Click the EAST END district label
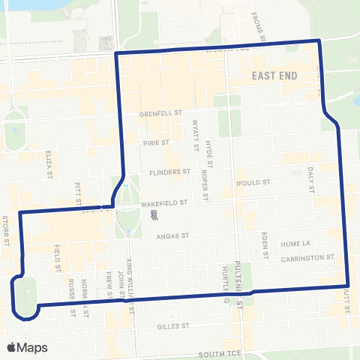[275, 76]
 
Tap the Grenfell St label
[160, 113]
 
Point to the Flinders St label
[169, 171]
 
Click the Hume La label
[295, 244]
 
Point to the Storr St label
[5, 230]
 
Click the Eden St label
[265, 244]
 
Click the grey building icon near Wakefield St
[154, 216]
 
